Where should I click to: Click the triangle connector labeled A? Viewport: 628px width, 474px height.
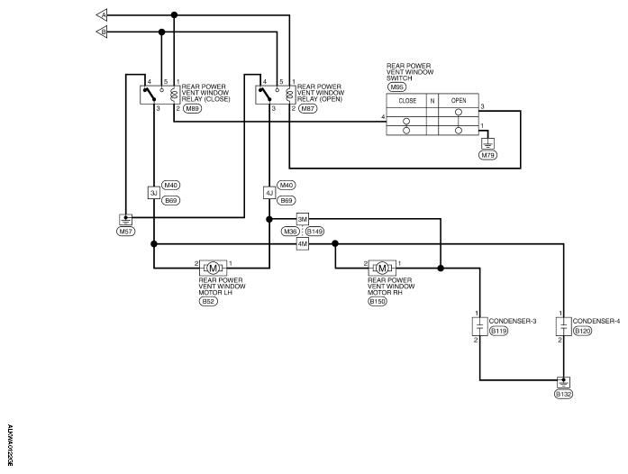102,15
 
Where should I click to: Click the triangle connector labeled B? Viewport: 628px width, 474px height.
102,32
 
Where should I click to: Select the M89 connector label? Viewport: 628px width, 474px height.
193,108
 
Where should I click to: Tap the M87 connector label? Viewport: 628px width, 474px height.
307,108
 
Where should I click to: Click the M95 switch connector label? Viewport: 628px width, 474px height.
396,87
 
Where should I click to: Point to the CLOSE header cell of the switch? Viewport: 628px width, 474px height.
406,100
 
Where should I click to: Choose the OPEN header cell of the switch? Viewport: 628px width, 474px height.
459,100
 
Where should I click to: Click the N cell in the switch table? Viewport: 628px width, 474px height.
432,100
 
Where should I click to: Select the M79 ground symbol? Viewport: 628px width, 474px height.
487,143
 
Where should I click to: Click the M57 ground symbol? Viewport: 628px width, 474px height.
126,220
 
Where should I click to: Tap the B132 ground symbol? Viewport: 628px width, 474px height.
563,382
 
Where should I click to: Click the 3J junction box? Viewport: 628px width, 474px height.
154,193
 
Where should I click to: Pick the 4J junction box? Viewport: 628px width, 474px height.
269,193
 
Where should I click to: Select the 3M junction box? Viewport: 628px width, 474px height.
303,219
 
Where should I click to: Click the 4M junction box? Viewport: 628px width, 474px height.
303,243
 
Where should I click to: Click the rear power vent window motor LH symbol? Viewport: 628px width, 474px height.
213,268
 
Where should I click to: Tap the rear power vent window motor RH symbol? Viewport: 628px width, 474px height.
382,268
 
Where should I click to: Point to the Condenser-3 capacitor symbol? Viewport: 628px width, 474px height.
480,326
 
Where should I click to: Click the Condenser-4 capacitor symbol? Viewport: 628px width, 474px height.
563,326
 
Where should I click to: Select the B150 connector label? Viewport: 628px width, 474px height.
378,302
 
